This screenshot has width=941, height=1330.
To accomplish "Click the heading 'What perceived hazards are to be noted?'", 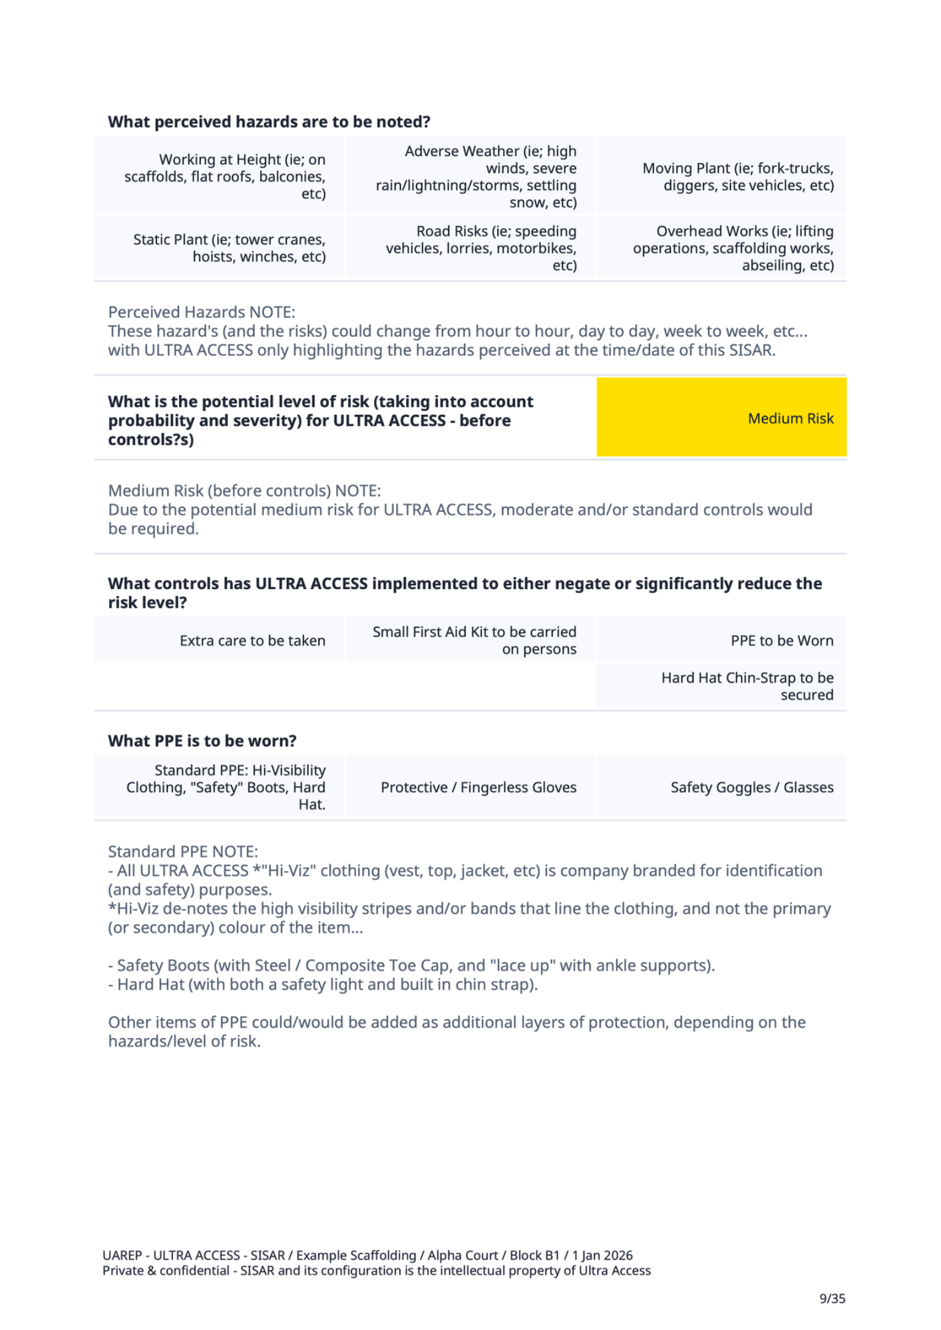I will pyautogui.click(x=269, y=122).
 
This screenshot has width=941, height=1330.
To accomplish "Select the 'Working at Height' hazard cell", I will pyautogui.click(x=220, y=176).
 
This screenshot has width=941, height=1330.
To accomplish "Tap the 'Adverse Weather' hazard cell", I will pyautogui.click(x=471, y=176).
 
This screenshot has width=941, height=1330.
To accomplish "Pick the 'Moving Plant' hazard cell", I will pyautogui.click(x=721, y=176).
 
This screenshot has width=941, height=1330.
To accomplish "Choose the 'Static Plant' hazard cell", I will pyautogui.click(x=220, y=247).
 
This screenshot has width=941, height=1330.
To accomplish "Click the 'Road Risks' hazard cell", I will pyautogui.click(x=471, y=247).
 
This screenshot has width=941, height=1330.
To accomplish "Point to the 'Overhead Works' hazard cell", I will pyautogui.click(x=721, y=247).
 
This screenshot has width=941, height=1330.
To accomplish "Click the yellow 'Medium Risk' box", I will pyautogui.click(x=721, y=418).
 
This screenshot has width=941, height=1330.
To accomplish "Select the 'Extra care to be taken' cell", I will pyautogui.click(x=220, y=640).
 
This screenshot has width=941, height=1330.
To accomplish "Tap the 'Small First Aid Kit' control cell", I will pyautogui.click(x=471, y=640).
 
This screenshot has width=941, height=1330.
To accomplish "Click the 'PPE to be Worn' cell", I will pyautogui.click(x=721, y=640).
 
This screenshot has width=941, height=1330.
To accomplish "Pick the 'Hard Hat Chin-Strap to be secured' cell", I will pyautogui.click(x=721, y=686).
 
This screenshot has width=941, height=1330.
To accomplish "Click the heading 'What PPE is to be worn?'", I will pyautogui.click(x=202, y=741).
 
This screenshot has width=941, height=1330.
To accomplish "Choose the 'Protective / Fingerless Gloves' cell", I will pyautogui.click(x=471, y=787).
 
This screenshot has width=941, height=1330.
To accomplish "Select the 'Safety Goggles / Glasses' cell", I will pyautogui.click(x=721, y=787).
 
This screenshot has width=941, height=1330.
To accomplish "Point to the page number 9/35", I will pyautogui.click(x=832, y=1298).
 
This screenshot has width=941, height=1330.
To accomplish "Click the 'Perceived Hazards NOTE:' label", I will pyautogui.click(x=202, y=312).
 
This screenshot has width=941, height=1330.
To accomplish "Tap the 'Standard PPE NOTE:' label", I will pyautogui.click(x=183, y=851).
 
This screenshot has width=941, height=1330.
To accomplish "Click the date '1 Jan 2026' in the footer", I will pyautogui.click(x=602, y=1255).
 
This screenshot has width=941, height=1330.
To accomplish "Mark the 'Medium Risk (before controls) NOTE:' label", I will pyautogui.click(x=244, y=491).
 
